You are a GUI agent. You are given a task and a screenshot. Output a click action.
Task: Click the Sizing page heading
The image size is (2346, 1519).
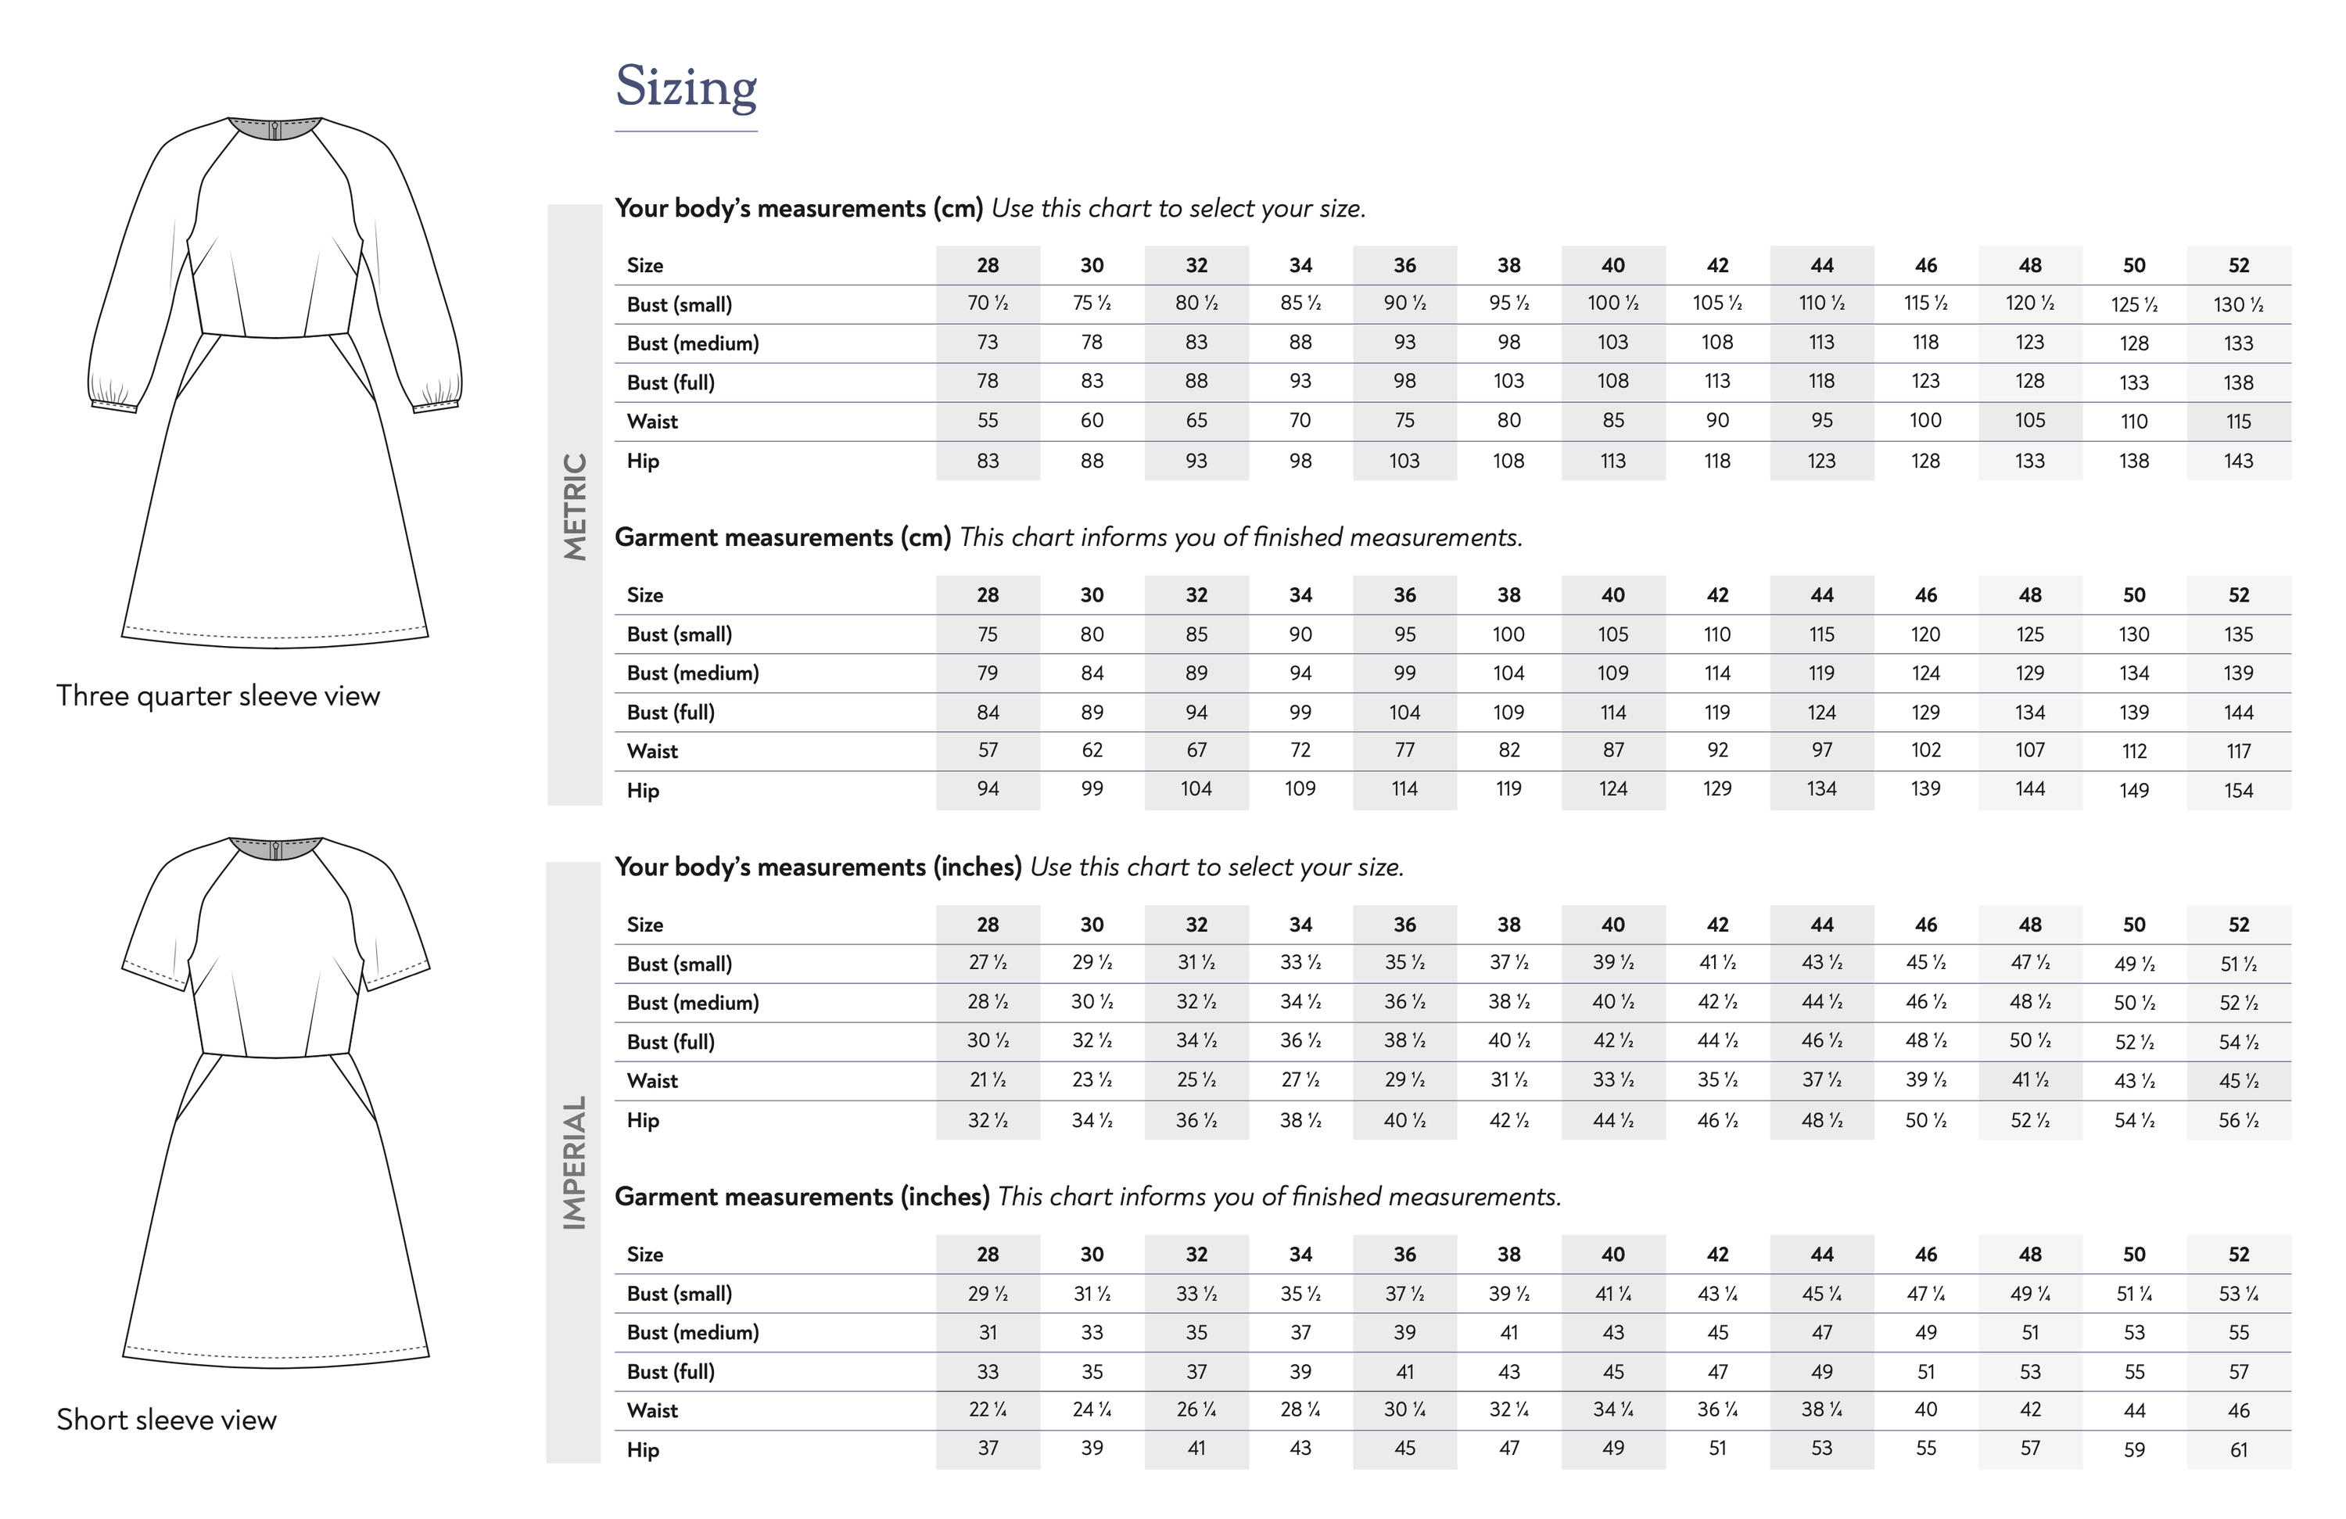point(686,87)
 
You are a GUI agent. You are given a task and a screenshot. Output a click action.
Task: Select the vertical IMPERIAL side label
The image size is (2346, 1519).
point(575,1162)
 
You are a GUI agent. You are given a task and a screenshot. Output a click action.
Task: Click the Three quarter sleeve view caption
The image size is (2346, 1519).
point(218,696)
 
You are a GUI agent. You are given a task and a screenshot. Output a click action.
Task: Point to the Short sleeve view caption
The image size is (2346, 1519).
point(167,1420)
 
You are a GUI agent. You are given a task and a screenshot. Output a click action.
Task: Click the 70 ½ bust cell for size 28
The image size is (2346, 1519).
point(988,303)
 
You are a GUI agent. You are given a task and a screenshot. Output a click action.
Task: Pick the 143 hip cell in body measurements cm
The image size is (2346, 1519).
point(2239,461)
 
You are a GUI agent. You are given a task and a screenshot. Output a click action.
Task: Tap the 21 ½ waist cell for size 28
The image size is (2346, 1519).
point(988,1080)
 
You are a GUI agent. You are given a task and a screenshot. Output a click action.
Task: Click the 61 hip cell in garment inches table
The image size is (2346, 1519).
point(2239,1450)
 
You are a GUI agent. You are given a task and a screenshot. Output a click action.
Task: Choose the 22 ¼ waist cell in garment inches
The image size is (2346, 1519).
point(988,1410)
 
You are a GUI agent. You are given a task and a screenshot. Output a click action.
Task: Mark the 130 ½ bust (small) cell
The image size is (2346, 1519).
point(2239,304)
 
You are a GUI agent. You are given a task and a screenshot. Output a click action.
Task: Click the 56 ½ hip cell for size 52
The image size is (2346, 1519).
point(2239,1121)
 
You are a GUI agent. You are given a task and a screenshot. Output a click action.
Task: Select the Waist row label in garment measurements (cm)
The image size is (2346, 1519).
point(652,751)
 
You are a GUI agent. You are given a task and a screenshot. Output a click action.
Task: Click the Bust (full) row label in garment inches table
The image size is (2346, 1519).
point(670,1372)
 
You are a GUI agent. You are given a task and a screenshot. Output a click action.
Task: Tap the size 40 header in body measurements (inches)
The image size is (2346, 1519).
point(1612,925)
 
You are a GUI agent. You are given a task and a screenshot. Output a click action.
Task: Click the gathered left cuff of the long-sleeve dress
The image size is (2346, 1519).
point(113,398)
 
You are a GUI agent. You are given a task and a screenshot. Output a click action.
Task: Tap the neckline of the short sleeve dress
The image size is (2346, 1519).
point(276,849)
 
